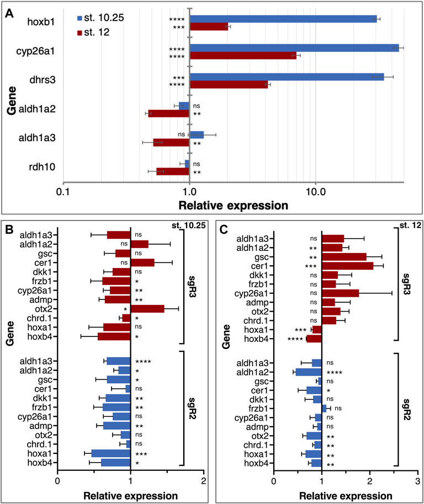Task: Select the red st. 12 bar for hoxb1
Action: pos(208,26)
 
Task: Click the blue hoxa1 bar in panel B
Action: pos(111,453)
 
